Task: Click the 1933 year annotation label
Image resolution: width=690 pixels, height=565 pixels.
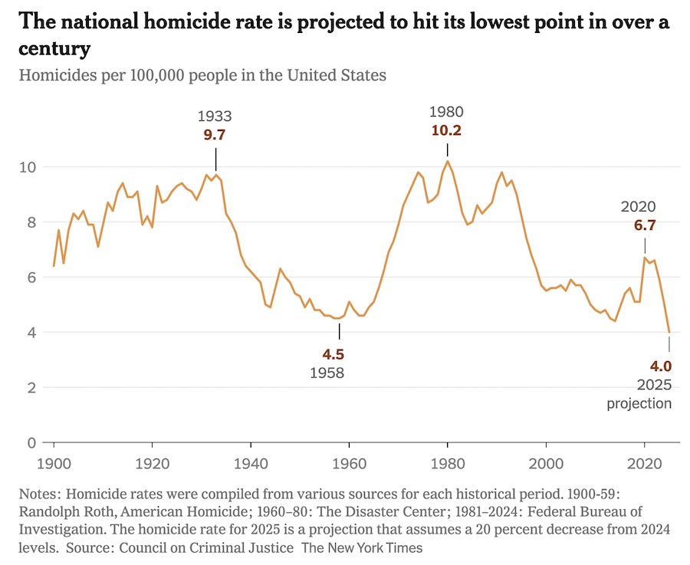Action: pos(215,117)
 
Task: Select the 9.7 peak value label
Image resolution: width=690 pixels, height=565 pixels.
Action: pos(215,135)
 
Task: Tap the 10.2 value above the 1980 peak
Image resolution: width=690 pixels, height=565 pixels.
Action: pos(447,130)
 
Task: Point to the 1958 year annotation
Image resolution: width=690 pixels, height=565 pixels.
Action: pos(327,373)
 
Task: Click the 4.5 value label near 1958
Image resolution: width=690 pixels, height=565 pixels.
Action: pos(333,355)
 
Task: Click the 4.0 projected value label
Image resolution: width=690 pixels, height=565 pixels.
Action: pos(659,366)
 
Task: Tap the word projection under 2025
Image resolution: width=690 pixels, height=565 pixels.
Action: pos(639,403)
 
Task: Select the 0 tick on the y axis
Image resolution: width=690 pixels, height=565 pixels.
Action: pos(31,442)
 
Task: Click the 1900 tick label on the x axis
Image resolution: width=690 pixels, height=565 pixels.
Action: pos(54,465)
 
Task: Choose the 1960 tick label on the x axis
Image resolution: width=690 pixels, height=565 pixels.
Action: pos(349,465)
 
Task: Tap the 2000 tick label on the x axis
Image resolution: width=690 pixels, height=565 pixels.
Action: pos(546,465)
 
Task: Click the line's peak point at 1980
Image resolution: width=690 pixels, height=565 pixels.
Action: pos(448,160)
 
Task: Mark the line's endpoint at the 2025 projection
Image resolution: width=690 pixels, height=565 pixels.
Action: pos(669,332)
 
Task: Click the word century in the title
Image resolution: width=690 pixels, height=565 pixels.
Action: pos(54,49)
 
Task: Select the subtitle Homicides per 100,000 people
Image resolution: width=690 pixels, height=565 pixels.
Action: pos(202,75)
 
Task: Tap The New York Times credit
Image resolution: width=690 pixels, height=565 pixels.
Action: pos(361,548)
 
